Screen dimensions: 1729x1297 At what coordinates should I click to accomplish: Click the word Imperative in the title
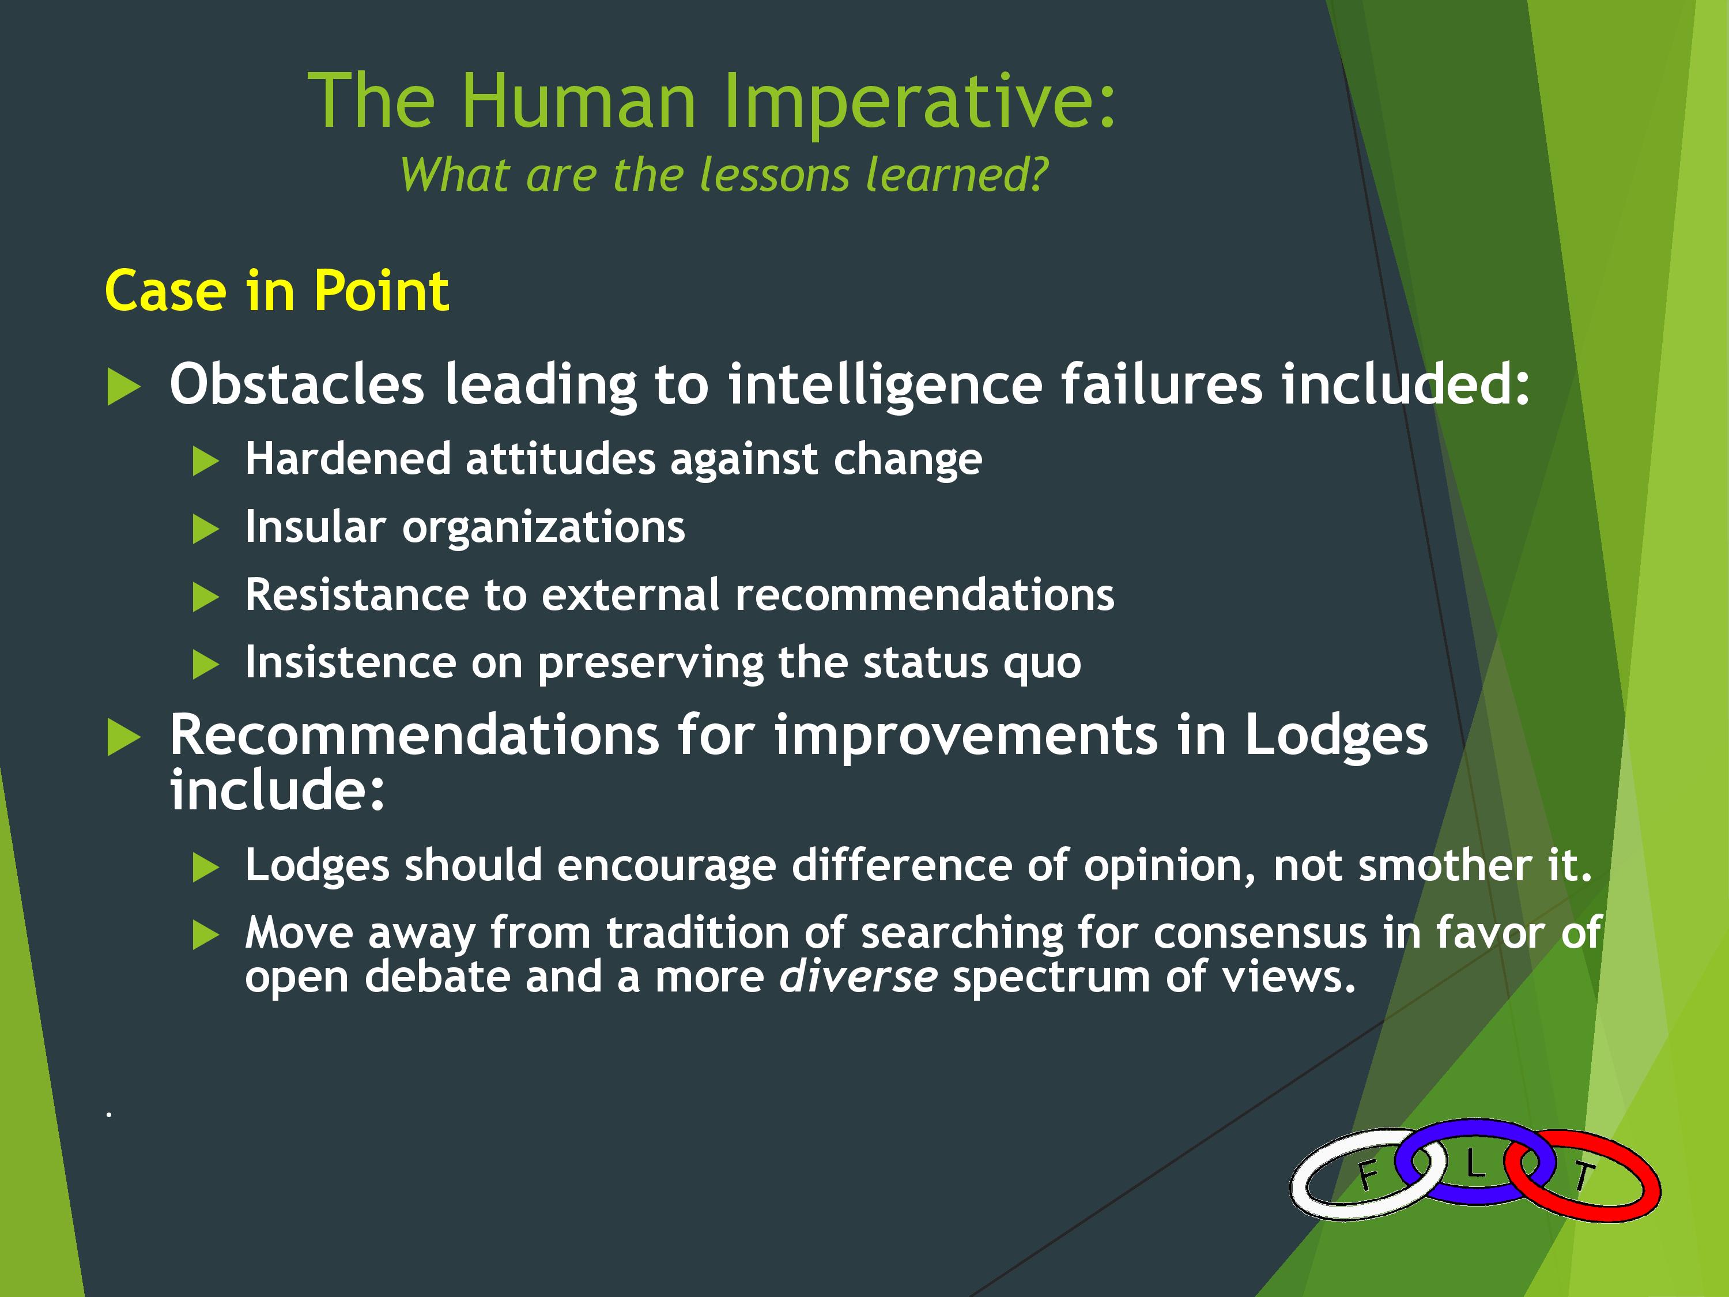coord(919,101)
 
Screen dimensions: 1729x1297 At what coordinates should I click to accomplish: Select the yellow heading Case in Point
coord(277,291)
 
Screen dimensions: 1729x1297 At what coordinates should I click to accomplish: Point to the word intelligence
coord(885,386)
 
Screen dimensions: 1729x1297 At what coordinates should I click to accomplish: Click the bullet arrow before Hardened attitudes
coord(206,461)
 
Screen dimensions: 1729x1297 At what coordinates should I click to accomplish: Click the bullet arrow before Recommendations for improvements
coord(123,737)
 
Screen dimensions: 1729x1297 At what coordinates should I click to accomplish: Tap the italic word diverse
coord(858,977)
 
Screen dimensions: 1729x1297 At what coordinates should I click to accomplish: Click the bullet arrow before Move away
coord(206,935)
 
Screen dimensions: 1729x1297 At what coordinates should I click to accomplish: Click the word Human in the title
coord(579,101)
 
